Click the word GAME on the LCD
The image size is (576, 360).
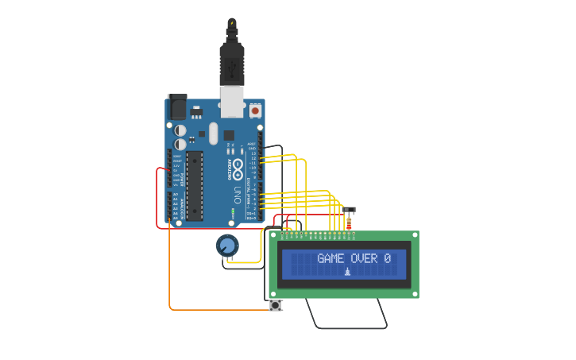click(331, 258)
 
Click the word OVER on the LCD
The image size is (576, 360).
click(365, 258)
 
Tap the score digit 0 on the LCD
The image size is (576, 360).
click(387, 258)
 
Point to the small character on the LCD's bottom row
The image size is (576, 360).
click(347, 273)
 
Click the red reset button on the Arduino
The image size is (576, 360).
click(255, 110)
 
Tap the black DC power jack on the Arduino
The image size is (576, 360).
click(177, 107)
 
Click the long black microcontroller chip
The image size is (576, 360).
click(195, 185)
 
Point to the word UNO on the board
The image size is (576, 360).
click(238, 194)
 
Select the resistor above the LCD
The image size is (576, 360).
click(349, 224)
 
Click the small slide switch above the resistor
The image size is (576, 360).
click(350, 211)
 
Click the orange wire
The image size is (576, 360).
click(170, 270)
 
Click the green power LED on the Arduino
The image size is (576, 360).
click(233, 211)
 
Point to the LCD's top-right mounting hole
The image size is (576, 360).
click(414, 236)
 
